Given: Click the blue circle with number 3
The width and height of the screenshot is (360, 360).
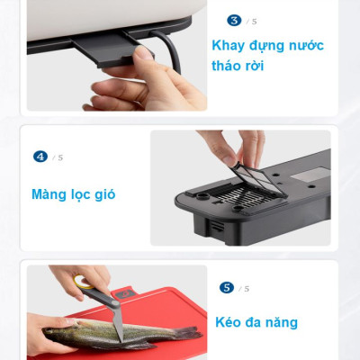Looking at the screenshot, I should (x=234, y=20).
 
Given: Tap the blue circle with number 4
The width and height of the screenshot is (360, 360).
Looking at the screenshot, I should (x=40, y=157).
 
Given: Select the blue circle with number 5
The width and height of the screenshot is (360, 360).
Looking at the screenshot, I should (x=227, y=288).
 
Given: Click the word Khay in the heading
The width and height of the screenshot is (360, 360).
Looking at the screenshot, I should (x=230, y=45).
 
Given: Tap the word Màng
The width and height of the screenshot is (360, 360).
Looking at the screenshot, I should (x=51, y=194).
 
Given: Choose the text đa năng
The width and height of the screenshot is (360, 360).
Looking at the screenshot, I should (x=276, y=322).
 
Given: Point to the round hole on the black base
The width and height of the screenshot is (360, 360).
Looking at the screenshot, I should (x=202, y=193).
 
